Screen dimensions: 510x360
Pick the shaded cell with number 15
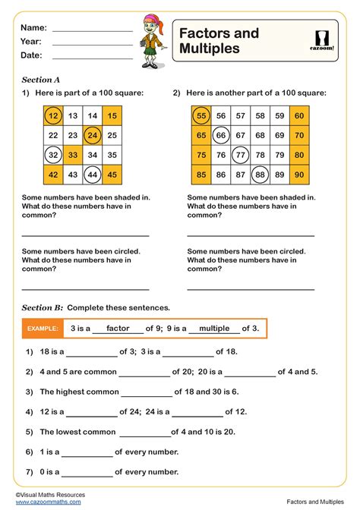click(x=112, y=116)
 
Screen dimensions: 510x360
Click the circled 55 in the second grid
click(x=201, y=116)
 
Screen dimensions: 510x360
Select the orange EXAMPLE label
click(x=43, y=329)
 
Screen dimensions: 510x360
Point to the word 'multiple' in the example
click(x=214, y=328)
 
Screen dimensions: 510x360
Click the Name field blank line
click(x=92, y=30)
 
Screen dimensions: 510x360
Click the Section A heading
click(x=41, y=79)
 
